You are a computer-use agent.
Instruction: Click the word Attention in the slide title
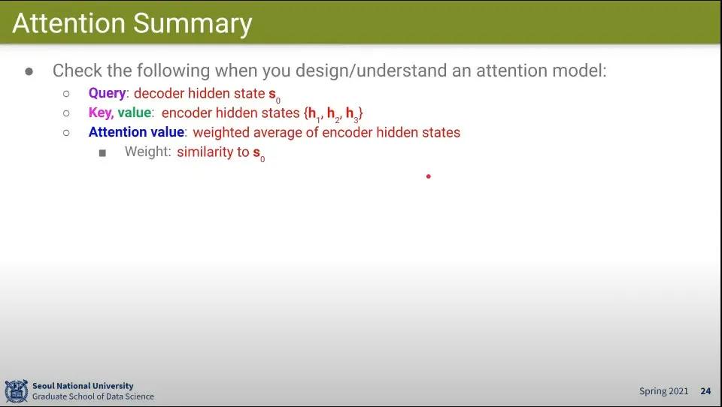tap(68, 23)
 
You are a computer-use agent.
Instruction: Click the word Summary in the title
tap(193, 24)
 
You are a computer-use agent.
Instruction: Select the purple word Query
tap(107, 93)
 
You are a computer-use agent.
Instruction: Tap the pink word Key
tap(101, 113)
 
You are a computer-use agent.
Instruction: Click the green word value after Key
tap(135, 113)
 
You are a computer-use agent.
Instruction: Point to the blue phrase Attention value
tap(136, 132)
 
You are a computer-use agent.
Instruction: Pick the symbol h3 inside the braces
tap(352, 114)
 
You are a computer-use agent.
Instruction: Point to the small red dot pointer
tap(428, 176)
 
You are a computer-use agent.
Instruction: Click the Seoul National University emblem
tap(17, 391)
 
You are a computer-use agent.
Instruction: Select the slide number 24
tap(706, 391)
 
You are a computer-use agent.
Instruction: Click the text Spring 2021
tap(663, 391)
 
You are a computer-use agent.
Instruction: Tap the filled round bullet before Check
tap(29, 71)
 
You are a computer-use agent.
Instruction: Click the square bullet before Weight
tap(102, 152)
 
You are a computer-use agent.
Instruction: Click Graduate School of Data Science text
tap(93, 396)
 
